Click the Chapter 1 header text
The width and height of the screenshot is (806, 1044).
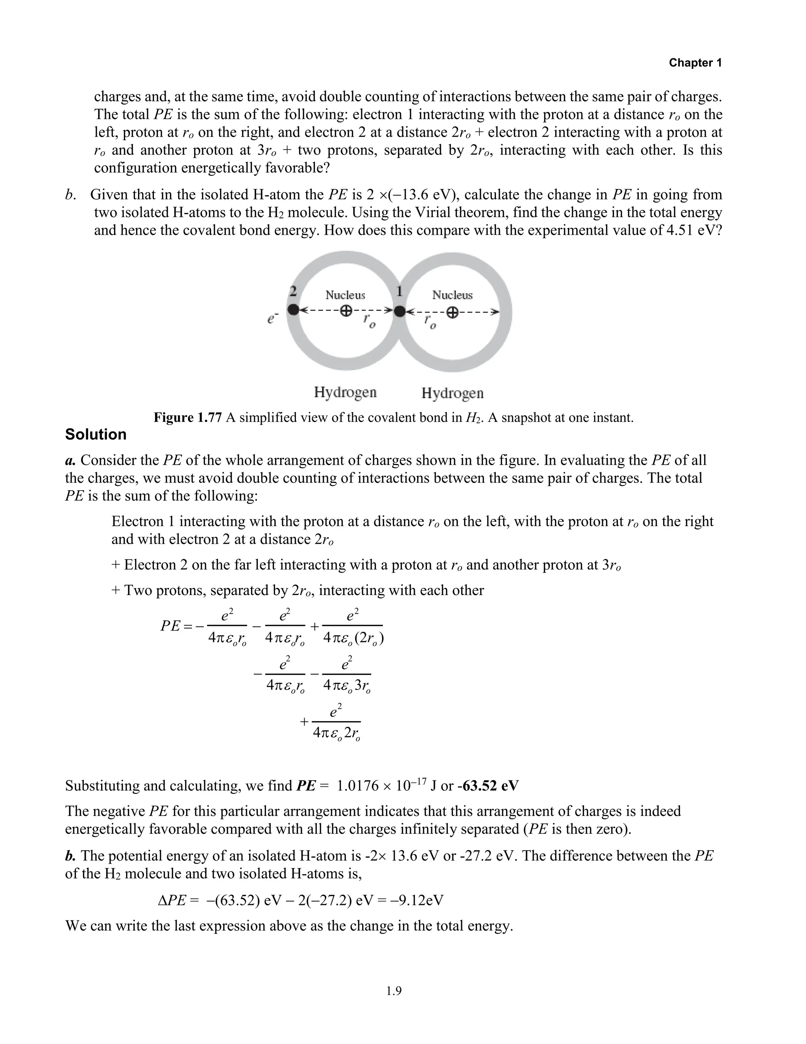[695, 63]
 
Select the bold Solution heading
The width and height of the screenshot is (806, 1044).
[96, 434]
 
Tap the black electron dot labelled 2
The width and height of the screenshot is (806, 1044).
[294, 310]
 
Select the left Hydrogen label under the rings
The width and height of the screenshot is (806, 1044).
[345, 393]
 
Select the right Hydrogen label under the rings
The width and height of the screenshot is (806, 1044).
[452, 393]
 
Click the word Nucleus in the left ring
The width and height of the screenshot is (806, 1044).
[345, 295]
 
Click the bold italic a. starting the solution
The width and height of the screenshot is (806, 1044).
[71, 460]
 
